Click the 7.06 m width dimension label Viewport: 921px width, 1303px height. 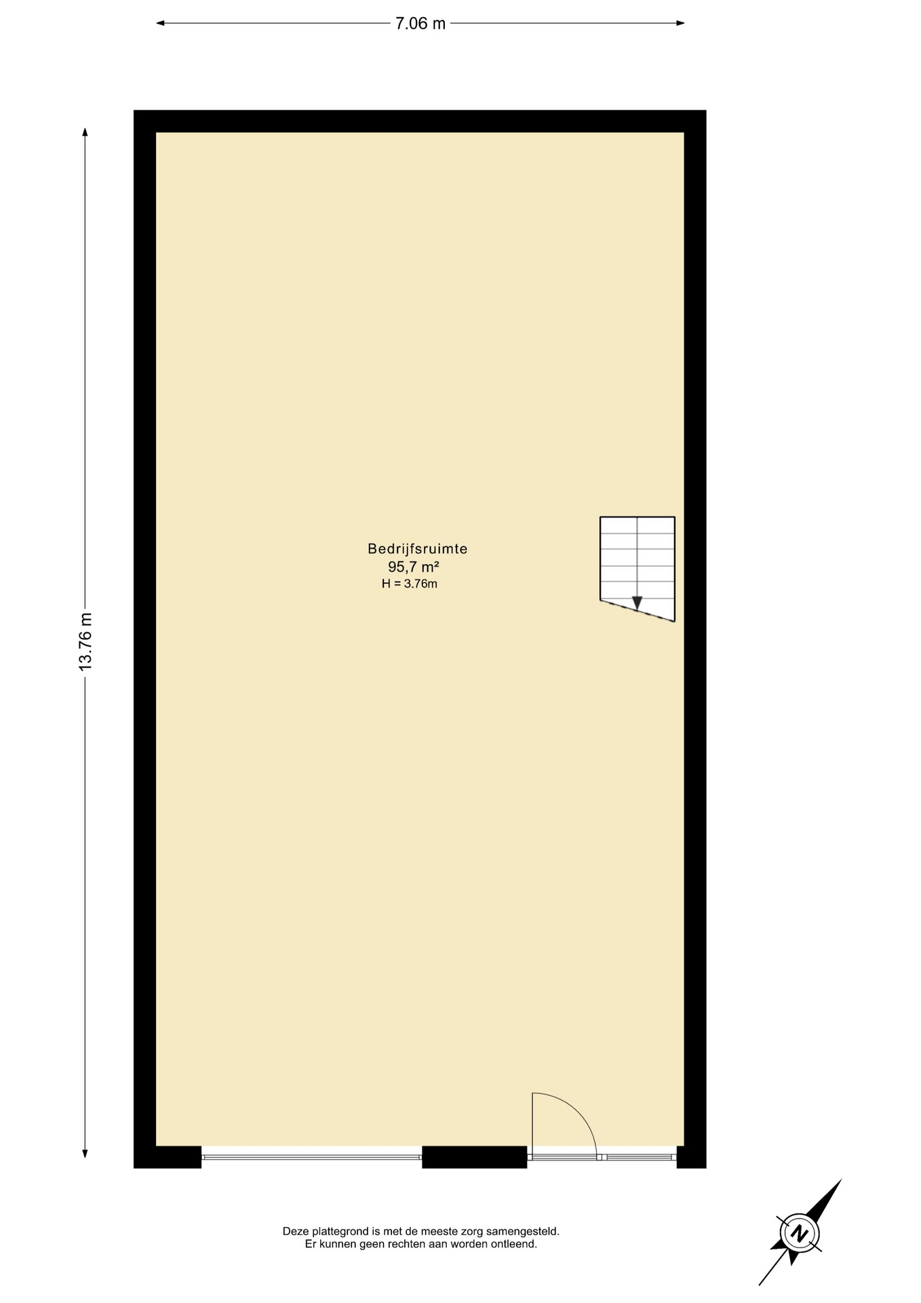[x=420, y=24]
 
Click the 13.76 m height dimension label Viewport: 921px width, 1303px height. [x=85, y=641]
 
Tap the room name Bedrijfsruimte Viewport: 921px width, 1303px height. [x=418, y=548]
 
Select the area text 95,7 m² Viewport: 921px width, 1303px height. [x=414, y=567]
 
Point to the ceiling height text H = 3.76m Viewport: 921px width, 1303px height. [x=410, y=584]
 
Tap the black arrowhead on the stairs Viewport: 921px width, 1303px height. [x=637, y=603]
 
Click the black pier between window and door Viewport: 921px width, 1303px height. [x=475, y=1157]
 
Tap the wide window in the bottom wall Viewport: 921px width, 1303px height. [x=311, y=1157]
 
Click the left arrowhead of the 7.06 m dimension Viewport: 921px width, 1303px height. [x=161, y=23]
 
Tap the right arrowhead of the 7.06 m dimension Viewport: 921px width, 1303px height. [x=680, y=23]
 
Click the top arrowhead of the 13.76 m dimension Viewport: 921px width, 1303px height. [x=85, y=132]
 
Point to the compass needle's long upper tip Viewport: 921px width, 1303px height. [x=840, y=1180]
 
